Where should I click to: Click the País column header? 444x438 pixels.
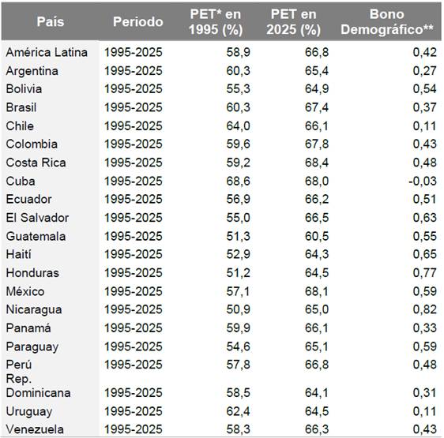point(51,22)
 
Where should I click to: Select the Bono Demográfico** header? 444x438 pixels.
point(387,22)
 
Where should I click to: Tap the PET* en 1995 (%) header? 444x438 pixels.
point(216,22)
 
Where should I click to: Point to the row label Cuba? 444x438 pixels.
point(21,181)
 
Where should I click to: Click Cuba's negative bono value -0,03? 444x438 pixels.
point(423,181)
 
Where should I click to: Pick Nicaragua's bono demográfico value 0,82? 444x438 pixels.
point(425,309)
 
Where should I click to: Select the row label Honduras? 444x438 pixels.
point(32,273)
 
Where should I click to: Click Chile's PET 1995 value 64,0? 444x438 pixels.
point(238,126)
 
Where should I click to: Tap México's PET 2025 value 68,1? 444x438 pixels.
point(317,291)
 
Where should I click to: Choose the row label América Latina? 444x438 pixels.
point(47,52)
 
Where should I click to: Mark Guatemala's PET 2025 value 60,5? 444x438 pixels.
point(317,236)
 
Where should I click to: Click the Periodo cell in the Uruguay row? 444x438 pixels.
point(134,411)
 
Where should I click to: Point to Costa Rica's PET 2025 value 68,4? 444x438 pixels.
point(317,163)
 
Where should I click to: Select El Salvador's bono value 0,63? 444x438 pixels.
point(425,218)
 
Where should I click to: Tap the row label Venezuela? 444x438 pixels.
point(35,429)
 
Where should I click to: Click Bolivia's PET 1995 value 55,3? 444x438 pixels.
point(238,89)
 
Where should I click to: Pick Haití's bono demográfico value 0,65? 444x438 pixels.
point(425,254)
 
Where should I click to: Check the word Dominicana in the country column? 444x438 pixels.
point(38,393)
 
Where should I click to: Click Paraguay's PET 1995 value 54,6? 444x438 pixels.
point(238,346)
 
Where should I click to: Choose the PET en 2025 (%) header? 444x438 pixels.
point(293,22)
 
